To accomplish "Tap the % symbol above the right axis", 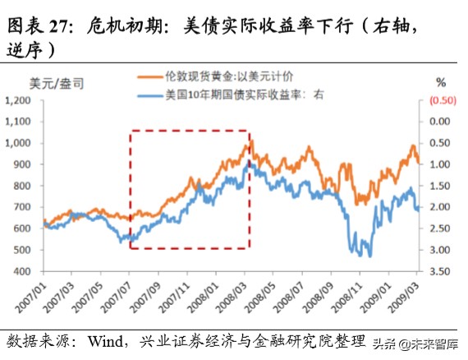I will [441, 81].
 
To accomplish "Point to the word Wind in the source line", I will [118, 340].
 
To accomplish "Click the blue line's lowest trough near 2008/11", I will [369, 256].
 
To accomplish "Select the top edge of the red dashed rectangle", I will [189, 130].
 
